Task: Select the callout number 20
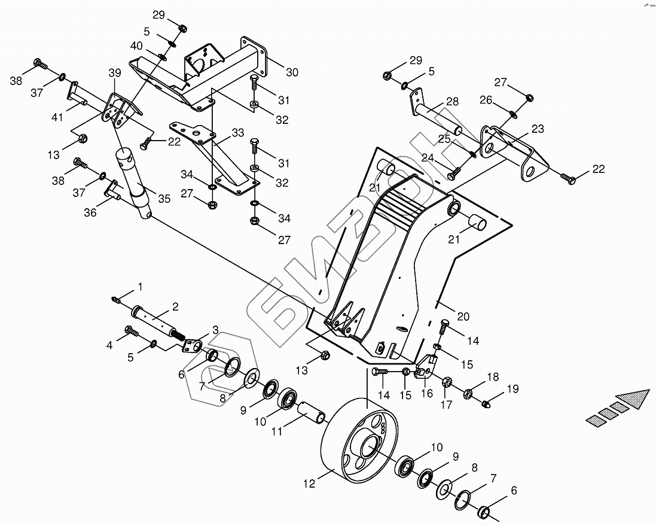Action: tap(463, 316)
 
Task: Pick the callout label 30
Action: tap(291, 72)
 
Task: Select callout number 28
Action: tap(452, 102)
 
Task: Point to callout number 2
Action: tap(175, 306)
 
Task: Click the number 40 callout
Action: tap(136, 46)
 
